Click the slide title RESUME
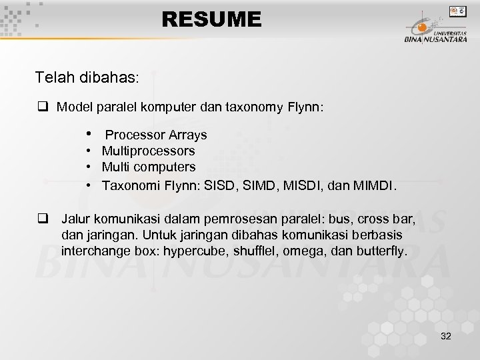click(x=211, y=19)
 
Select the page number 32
click(x=446, y=336)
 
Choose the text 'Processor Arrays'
click(x=156, y=135)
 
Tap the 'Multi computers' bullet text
click(x=149, y=167)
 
